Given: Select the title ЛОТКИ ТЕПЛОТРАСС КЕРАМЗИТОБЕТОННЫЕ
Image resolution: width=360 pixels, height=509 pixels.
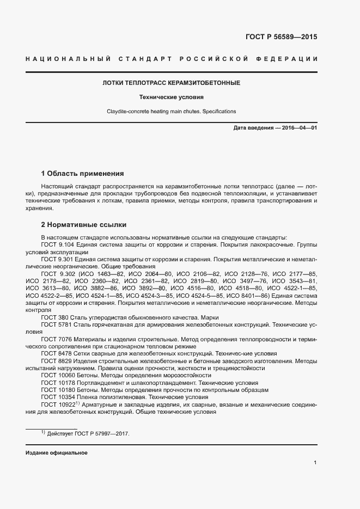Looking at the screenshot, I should (171, 83).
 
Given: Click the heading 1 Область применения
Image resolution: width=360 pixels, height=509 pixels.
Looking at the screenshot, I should (83, 174).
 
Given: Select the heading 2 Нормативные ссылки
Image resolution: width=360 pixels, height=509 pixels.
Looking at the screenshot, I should (84, 224).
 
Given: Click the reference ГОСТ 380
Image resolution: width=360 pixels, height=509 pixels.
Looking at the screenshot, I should (55, 317).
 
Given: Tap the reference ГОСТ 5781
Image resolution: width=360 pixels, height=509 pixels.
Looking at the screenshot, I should (57, 324).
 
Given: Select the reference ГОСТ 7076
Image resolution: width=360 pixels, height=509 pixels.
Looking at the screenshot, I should (57, 339).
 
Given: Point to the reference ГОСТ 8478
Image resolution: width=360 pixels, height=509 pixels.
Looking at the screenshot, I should (57, 353).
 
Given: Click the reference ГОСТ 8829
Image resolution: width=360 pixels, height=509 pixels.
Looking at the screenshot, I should (57, 361).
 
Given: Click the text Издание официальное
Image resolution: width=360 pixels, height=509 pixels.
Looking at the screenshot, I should (56, 453).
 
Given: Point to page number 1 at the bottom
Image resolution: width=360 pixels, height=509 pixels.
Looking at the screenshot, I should (315, 463).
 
